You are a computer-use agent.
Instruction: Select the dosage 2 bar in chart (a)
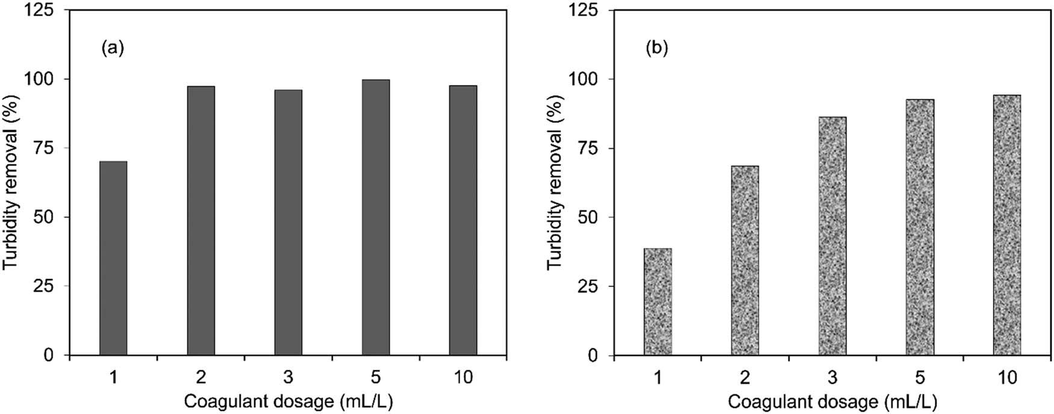coord(201,221)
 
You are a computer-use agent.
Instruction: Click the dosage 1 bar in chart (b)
coord(658,301)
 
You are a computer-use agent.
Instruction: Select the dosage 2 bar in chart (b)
coord(745,260)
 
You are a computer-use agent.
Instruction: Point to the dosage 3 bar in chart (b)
coord(832,236)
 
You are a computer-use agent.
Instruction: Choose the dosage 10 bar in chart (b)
coord(1007,225)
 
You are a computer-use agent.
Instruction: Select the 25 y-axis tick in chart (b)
coord(591,286)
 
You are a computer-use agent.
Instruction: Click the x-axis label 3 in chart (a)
coord(288,378)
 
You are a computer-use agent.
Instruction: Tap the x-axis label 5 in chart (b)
coord(920,378)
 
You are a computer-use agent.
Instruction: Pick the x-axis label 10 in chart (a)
coord(463,378)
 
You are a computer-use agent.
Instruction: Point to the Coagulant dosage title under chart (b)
coord(832,401)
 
